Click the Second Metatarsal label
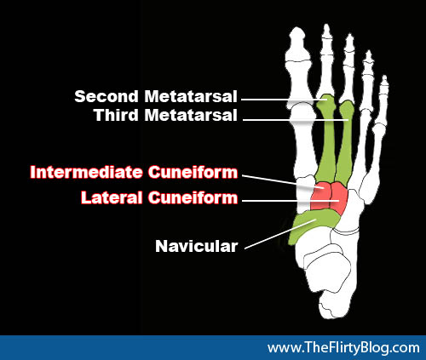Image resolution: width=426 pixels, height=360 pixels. point(156,96)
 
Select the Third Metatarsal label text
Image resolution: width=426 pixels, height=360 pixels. point(165,115)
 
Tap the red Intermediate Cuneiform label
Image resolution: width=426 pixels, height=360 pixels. point(134,172)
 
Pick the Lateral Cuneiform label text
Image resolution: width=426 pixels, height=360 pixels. point(159,197)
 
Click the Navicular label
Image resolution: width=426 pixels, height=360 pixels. point(196,246)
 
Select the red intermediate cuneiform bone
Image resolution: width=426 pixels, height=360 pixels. point(321,196)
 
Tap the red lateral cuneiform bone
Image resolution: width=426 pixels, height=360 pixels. point(339,197)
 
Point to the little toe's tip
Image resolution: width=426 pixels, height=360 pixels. point(384,81)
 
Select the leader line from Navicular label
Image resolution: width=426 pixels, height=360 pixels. point(280,234)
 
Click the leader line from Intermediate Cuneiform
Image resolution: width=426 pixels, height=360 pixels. point(283,181)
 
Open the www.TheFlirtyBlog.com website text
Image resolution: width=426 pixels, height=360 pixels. point(343,347)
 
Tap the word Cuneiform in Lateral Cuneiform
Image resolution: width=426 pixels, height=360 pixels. point(193,197)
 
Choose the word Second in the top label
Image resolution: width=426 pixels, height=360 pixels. point(106,96)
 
